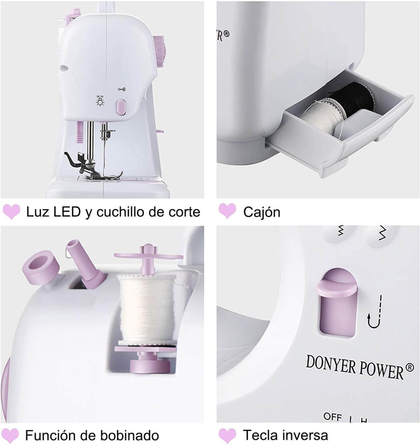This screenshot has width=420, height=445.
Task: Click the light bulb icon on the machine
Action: coord(100,101)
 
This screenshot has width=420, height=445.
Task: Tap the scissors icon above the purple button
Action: coord(122,90)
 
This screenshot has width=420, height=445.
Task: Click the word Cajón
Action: coord(261,212)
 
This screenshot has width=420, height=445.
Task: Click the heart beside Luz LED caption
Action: coord(12,212)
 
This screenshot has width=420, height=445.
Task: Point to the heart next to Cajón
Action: coord(227,211)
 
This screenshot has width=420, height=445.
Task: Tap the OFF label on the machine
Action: coord(333,417)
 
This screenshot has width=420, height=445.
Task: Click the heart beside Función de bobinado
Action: coord(12,436)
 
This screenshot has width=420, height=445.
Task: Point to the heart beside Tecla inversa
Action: coord(227,436)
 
